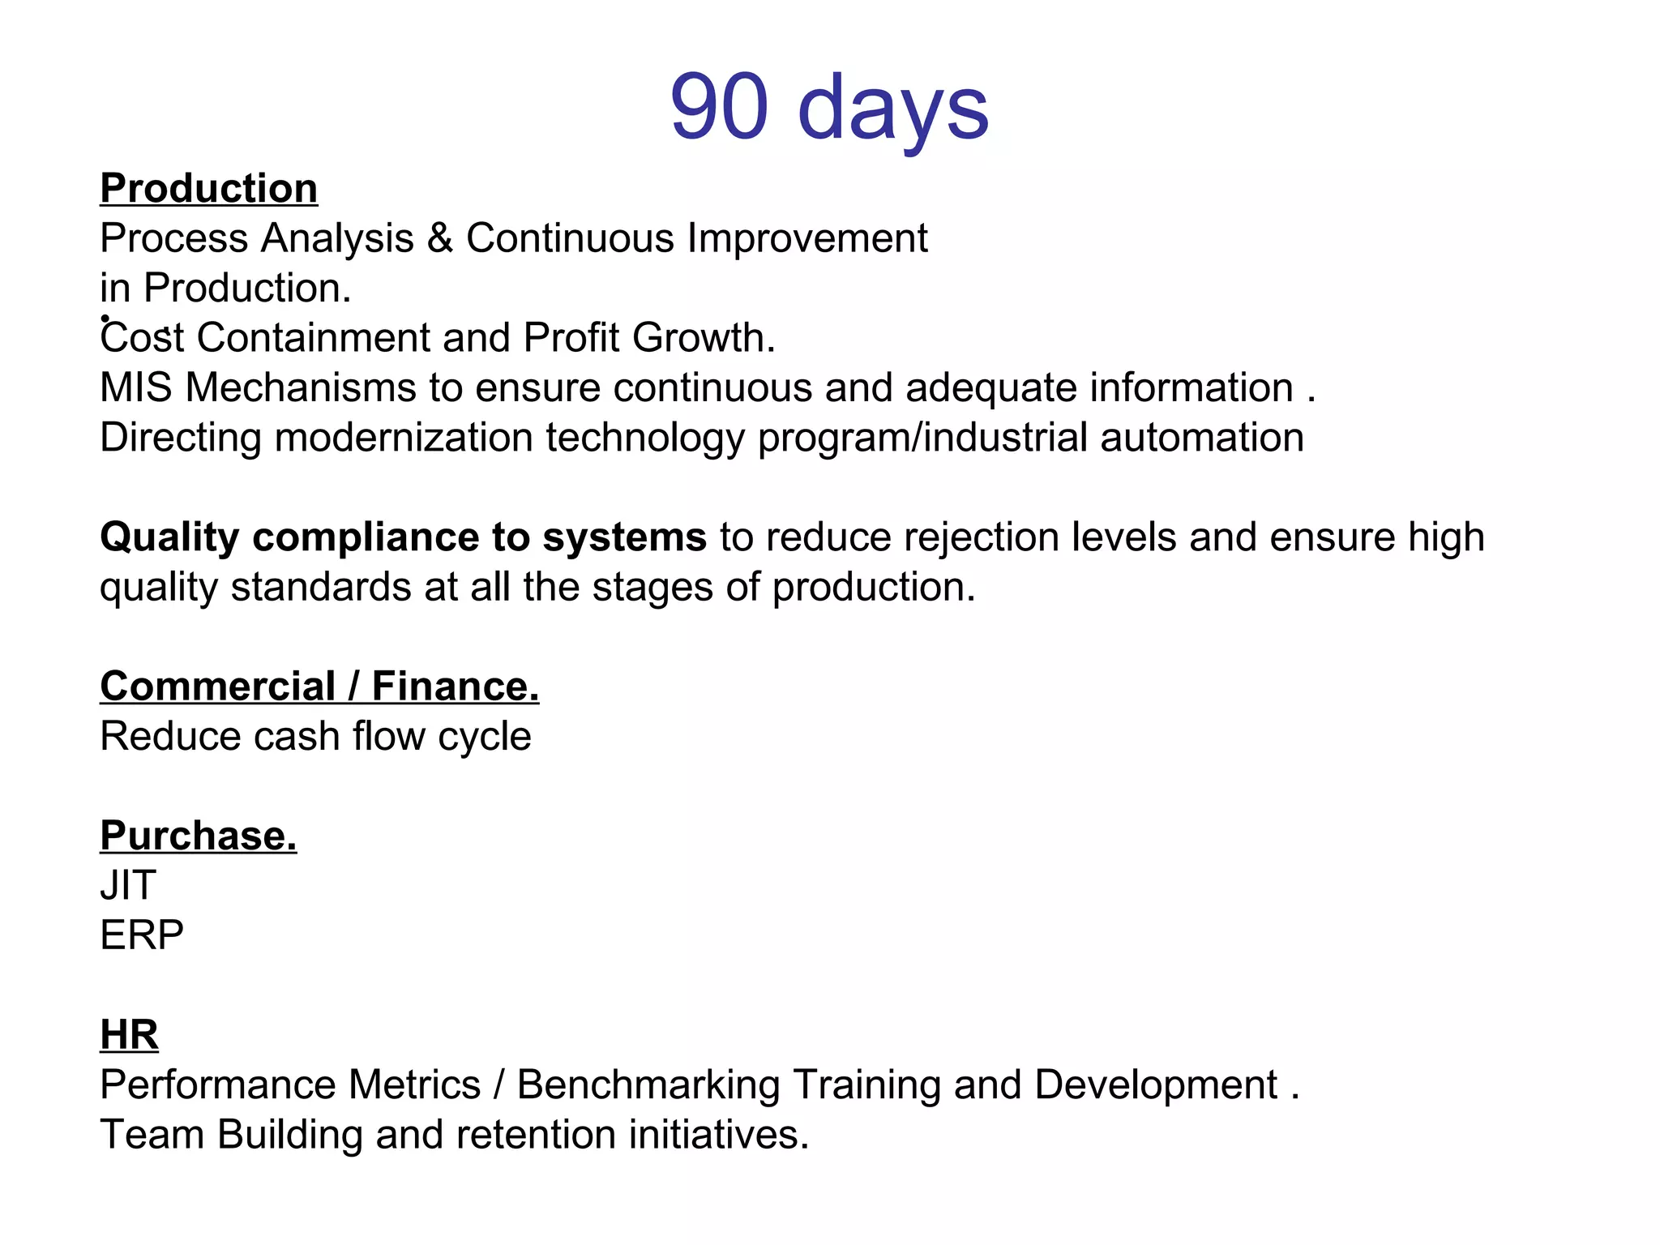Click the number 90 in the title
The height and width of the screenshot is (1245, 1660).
[719, 107]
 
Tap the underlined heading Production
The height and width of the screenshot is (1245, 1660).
[208, 188]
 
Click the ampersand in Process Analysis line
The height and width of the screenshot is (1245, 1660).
[439, 238]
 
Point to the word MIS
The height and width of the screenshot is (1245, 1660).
[135, 387]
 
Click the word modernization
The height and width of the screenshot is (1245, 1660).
[403, 438]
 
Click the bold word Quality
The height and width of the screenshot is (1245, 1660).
[169, 537]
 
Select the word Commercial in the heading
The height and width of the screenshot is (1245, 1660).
[217, 687]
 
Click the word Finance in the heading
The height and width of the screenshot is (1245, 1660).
[455, 687]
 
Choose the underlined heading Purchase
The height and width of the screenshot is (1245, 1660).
[198, 836]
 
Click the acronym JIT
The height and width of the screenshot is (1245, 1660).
[128, 885]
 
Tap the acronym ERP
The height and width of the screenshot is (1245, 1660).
[142, 935]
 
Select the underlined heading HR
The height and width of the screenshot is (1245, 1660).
[129, 1035]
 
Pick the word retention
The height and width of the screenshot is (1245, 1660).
[535, 1135]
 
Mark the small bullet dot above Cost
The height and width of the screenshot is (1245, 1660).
[105, 319]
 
